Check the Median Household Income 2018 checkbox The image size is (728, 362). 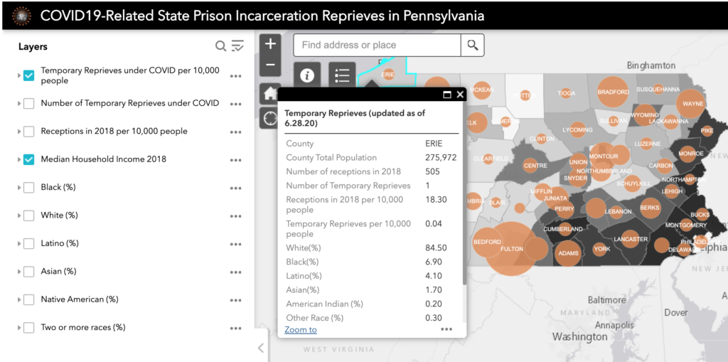(x=28, y=159)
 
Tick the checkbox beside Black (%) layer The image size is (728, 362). (x=28, y=188)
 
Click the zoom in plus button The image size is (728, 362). (x=270, y=44)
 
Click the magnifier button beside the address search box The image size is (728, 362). (x=472, y=46)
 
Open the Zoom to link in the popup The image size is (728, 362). (x=301, y=330)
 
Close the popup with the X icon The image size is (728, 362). (x=460, y=94)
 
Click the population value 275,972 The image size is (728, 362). (x=441, y=158)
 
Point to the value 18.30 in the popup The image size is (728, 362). (x=436, y=200)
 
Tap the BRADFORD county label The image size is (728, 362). (x=612, y=92)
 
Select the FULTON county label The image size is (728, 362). (x=512, y=249)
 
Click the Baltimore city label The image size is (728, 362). (x=606, y=300)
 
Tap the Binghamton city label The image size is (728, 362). (x=651, y=65)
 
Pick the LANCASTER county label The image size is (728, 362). (x=631, y=239)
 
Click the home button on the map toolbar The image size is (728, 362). (x=270, y=93)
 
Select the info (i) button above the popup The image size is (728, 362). (x=307, y=75)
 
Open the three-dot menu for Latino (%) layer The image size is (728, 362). (x=235, y=244)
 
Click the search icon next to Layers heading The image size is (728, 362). (x=220, y=46)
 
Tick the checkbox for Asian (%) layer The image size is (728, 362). (x=28, y=272)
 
